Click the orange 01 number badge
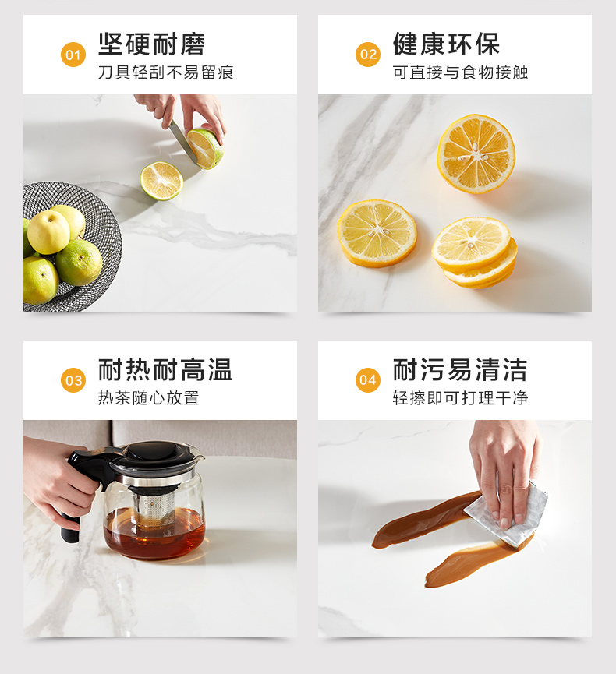pos(73,55)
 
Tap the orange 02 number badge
pos(368,55)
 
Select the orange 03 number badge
pos(73,380)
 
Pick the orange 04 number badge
pos(368,380)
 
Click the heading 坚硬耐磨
pos(151,44)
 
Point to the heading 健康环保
pos(446,44)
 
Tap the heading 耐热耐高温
pos(165,369)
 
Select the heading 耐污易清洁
pos(460,369)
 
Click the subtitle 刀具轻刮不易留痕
pos(165,72)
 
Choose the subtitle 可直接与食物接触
pos(460,72)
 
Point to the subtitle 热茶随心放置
pos(148,397)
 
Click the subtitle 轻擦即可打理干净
pos(460,397)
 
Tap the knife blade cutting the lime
pos(182,142)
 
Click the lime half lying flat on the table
pos(161,181)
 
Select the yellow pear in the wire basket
pos(48,231)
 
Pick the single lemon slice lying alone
pos(377,233)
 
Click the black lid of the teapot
pos(160,454)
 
